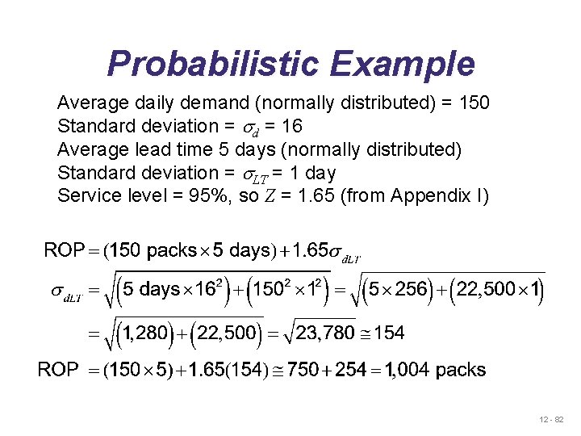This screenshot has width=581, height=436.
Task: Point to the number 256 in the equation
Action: (411, 289)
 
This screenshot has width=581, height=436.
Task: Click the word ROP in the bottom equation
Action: (59, 371)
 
